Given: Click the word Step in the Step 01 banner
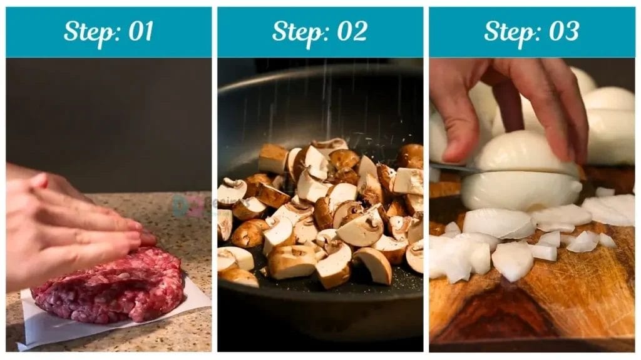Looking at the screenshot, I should click(89, 31).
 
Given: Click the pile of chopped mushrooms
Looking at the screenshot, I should click(319, 212).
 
